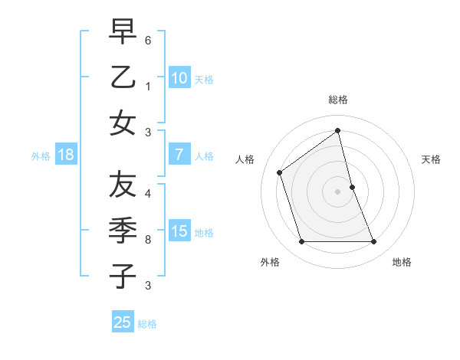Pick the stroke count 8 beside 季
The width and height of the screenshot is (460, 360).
pos(148,240)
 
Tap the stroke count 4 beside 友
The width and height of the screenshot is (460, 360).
pos(148,193)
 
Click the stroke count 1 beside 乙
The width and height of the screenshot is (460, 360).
pos(148,87)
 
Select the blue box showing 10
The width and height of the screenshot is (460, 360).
pos(179,78)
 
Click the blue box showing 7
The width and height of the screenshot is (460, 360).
pos(179,155)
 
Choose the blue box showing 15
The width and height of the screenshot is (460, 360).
pos(179,231)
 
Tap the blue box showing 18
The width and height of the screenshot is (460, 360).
pos(66,155)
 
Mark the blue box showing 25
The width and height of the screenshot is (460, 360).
pos(123,322)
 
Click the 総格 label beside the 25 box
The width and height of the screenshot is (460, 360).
pos(147,324)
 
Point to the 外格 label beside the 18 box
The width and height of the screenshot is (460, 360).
pos(41,156)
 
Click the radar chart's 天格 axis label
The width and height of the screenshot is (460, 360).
pos(431,159)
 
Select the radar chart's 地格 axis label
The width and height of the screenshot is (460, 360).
pos(402,262)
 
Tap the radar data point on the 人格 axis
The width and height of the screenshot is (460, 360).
pos(280,172)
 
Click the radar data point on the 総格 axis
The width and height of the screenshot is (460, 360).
pos(338,130)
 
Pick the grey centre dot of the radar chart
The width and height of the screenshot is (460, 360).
pos(338,191)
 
